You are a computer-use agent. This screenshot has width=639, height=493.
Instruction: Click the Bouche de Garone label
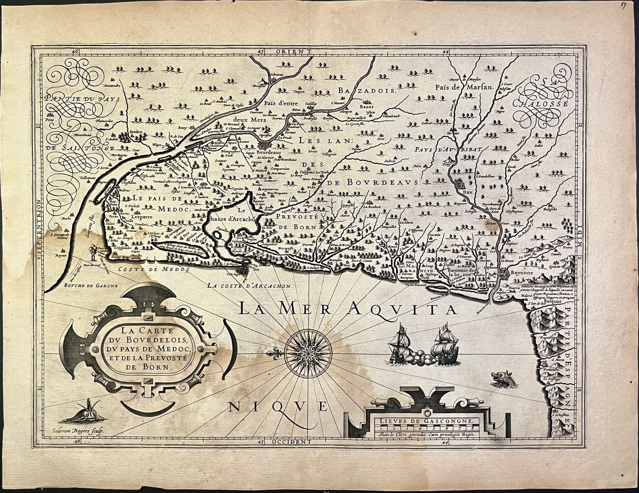[x=90, y=285]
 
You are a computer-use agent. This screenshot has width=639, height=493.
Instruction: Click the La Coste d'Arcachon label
[x=249, y=286]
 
